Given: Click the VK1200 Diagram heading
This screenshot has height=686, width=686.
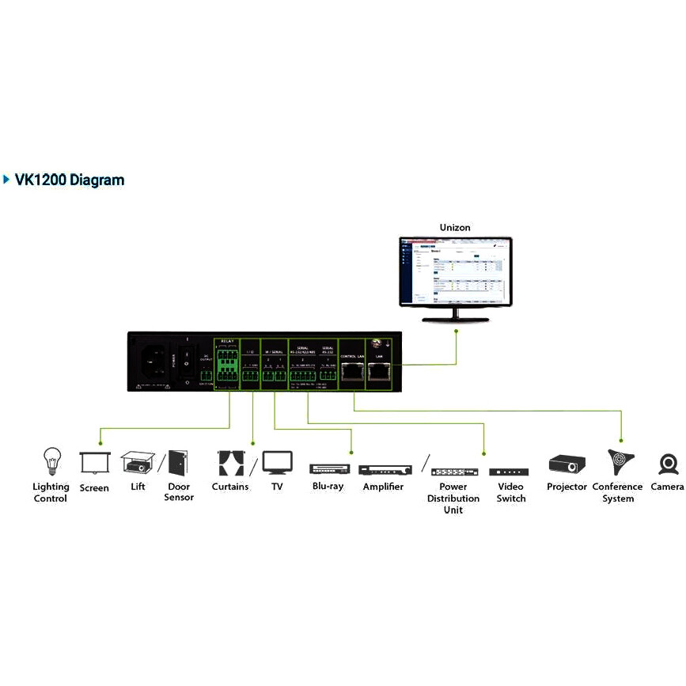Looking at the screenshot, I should pyautogui.click(x=70, y=180).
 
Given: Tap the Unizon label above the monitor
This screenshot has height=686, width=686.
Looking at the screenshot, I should pyautogui.click(x=455, y=228).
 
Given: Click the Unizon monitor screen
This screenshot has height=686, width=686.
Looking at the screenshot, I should pyautogui.click(x=455, y=271).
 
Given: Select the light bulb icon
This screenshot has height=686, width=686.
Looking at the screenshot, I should pyautogui.click(x=51, y=460).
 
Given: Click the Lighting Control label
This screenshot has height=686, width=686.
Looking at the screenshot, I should pyautogui.click(x=51, y=492).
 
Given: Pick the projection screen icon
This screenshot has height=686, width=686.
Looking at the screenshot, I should pyautogui.click(x=94, y=463).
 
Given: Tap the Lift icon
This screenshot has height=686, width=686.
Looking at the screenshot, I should pyautogui.click(x=138, y=462).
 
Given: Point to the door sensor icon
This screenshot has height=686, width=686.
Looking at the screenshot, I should pyautogui.click(x=178, y=463).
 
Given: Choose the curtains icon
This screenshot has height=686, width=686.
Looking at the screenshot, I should pyautogui.click(x=230, y=463).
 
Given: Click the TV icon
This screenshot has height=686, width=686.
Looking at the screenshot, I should pyautogui.click(x=277, y=462).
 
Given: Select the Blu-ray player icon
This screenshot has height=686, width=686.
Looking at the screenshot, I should pyautogui.click(x=328, y=468).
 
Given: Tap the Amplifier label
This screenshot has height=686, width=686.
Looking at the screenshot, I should pyautogui.click(x=384, y=487).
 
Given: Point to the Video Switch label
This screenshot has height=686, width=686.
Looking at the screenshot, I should pyautogui.click(x=510, y=492).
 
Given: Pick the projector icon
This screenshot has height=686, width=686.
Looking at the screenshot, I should pyautogui.click(x=567, y=464).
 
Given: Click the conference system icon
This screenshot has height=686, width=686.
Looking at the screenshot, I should pyautogui.click(x=620, y=462).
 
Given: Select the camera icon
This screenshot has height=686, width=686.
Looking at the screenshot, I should pyautogui.click(x=669, y=464).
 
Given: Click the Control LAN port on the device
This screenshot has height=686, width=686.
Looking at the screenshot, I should pyautogui.click(x=350, y=374).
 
